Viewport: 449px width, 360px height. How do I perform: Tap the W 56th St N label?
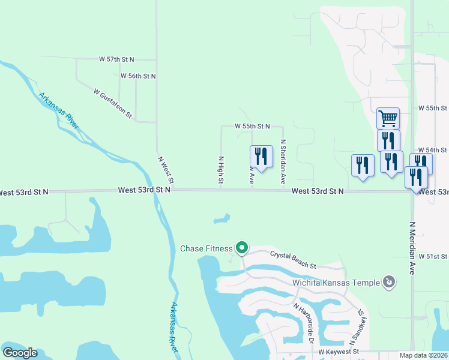(138, 76)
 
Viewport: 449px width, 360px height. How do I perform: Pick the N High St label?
(221, 170)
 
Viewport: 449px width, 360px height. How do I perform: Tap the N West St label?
(166, 170)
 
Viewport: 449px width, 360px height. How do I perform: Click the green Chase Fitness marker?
(242, 247)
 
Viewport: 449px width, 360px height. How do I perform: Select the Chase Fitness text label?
(206, 248)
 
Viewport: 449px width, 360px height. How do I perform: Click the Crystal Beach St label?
(293, 260)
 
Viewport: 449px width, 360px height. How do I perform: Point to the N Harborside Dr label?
(304, 322)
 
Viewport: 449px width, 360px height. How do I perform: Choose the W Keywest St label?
(338, 351)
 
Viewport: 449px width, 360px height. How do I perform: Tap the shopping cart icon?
(388, 118)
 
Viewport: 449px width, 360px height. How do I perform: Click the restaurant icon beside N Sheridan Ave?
(261, 156)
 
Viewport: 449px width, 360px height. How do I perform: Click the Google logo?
(20, 353)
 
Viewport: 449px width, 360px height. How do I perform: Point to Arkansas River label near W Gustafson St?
(59, 110)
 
